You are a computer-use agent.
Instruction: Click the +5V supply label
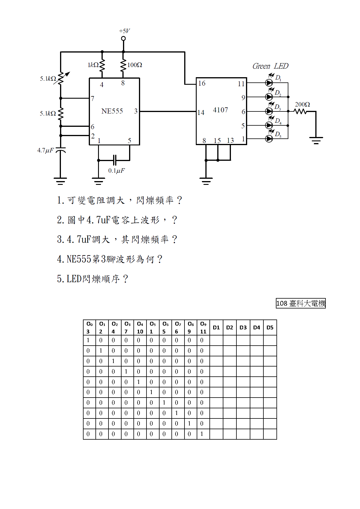124,31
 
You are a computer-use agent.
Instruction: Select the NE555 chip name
112,111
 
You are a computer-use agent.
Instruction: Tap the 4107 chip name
220,110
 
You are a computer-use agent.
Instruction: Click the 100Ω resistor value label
135,65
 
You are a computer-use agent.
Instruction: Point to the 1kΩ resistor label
93,65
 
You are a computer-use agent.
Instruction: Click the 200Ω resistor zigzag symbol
301,111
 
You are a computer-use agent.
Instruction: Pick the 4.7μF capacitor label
45,150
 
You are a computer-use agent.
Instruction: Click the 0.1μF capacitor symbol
115,160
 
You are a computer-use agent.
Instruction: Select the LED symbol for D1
269,83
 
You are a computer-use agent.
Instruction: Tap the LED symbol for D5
269,139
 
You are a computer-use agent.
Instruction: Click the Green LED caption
270,66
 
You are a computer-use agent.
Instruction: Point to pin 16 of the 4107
202,84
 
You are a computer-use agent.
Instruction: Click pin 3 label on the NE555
136,111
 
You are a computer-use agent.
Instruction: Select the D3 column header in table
243,328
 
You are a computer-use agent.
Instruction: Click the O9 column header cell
203,328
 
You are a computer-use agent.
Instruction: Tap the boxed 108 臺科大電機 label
301,304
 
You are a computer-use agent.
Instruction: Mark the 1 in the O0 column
88,340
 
